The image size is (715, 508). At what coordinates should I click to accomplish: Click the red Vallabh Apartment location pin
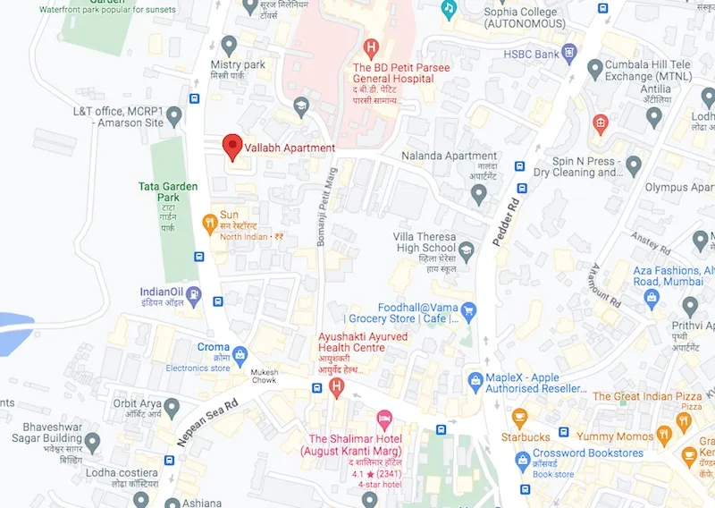coord(231,146)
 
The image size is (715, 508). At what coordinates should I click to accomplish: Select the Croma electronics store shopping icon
coord(240,349)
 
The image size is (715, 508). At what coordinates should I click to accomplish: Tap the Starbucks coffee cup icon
coord(519,417)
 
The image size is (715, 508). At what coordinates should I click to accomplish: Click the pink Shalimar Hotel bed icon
coord(383,418)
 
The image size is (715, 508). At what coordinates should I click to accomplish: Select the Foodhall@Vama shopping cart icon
coord(469,309)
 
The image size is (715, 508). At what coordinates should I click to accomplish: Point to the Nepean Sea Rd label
coord(207,417)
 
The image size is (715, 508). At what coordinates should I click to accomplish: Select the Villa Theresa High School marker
coord(467,248)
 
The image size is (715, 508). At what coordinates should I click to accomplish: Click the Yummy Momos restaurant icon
coord(663,436)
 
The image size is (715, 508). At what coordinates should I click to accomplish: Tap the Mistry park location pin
coord(230,44)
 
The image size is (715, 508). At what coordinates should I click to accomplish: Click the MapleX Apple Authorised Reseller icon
coord(475,382)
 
